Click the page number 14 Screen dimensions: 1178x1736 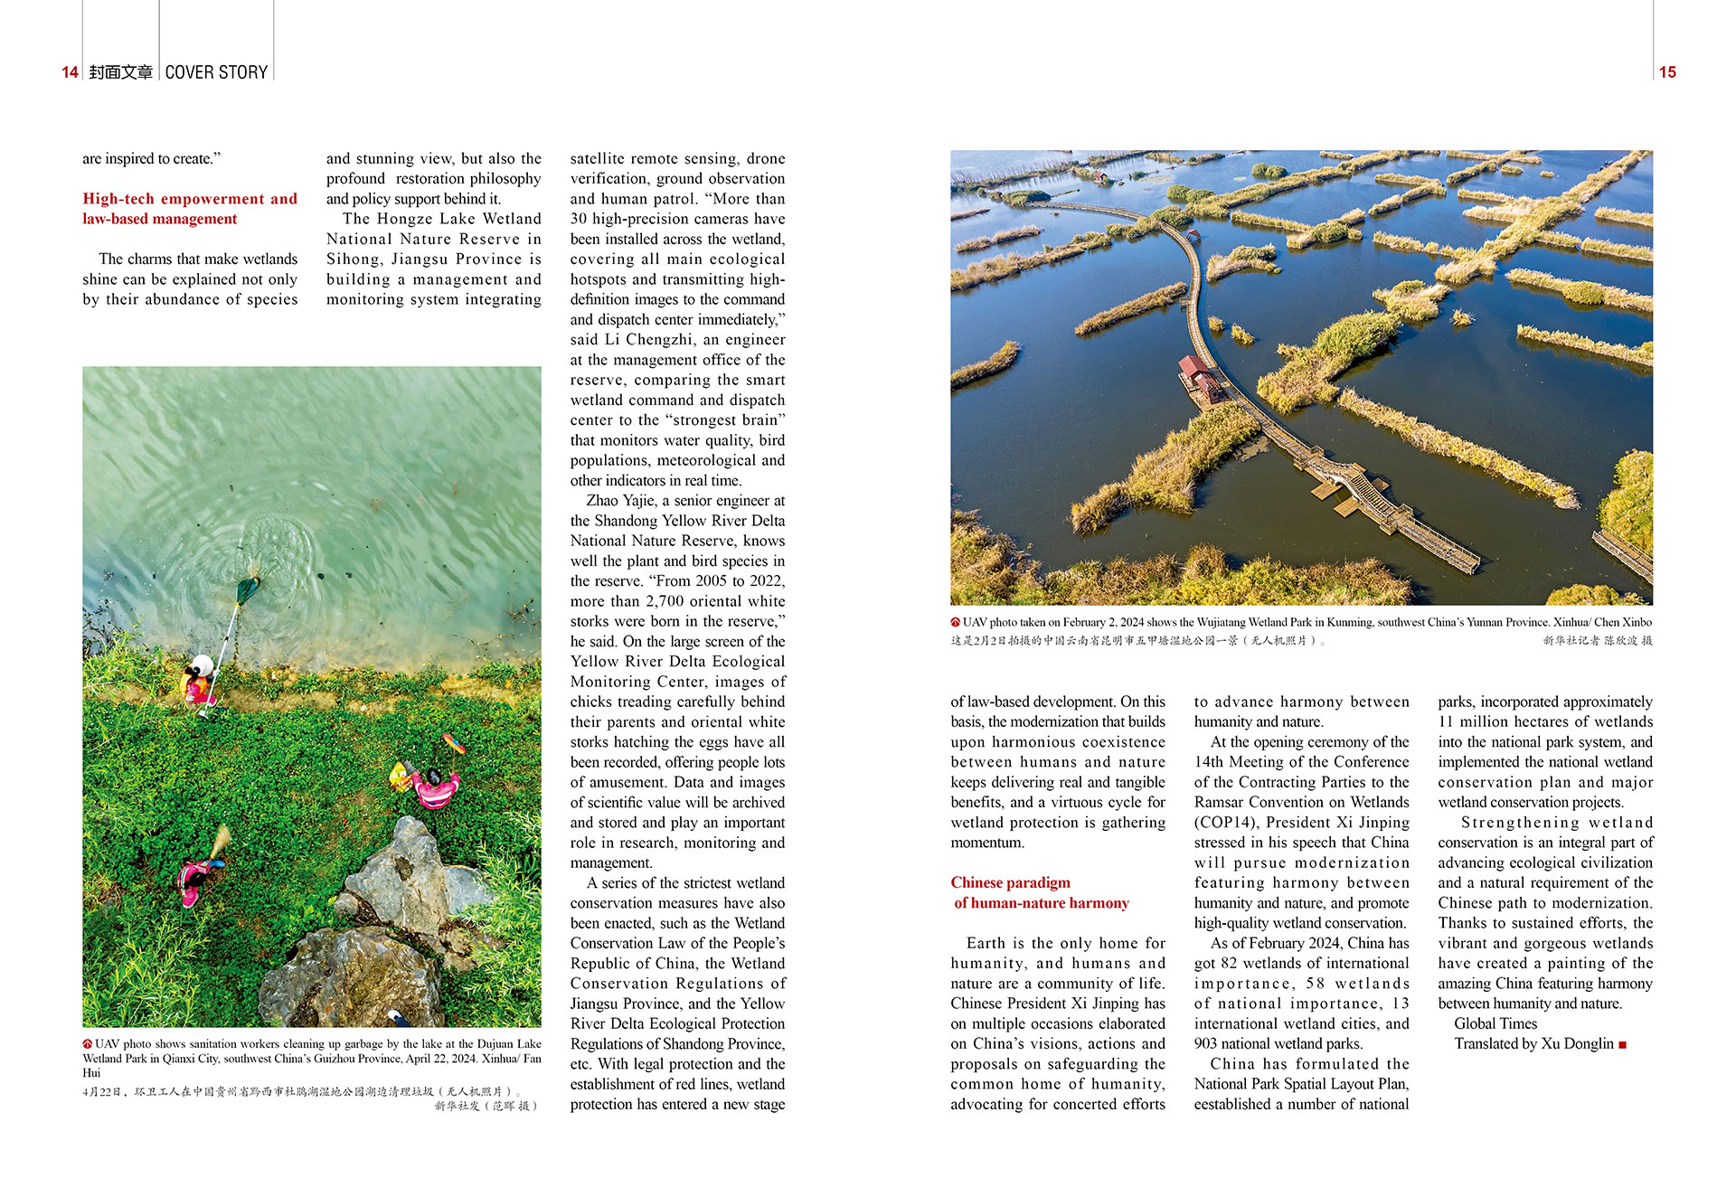(70, 72)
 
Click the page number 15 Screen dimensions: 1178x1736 (1666, 72)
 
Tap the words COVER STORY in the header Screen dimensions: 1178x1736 (216, 72)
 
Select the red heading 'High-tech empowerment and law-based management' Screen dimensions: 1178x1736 (189, 209)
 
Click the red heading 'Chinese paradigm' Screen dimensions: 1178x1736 (1010, 882)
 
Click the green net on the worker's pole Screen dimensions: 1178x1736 (247, 590)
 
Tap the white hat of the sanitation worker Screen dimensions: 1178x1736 (203, 665)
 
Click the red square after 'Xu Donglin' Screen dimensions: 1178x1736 (1623, 1045)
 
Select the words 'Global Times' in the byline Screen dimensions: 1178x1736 (1495, 1023)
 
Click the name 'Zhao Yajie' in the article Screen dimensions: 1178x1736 (620, 501)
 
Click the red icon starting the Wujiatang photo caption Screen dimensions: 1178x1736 (955, 622)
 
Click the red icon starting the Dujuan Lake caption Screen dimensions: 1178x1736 (88, 1044)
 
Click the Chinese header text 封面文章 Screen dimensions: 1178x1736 (121, 72)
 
